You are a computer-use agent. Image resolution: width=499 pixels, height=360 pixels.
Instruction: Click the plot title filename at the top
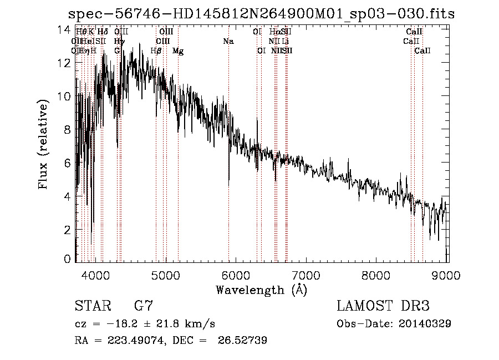point(261,14)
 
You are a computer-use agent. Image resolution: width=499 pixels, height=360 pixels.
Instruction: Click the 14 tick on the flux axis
point(65,29)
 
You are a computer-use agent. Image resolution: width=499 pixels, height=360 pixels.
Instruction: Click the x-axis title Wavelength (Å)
point(261,290)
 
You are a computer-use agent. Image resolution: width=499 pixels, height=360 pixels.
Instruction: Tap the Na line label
point(228,41)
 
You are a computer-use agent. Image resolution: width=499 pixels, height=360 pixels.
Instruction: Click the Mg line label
point(178,50)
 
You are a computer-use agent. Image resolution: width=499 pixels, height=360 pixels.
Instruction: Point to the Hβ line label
point(156,50)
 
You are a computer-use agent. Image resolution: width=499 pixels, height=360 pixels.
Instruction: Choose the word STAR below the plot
point(91,306)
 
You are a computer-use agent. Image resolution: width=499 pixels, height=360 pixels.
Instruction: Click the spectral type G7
point(144,306)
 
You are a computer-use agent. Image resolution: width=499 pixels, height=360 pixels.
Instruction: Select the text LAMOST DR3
point(383,306)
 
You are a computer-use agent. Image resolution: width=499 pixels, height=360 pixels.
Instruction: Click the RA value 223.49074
point(130,341)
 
